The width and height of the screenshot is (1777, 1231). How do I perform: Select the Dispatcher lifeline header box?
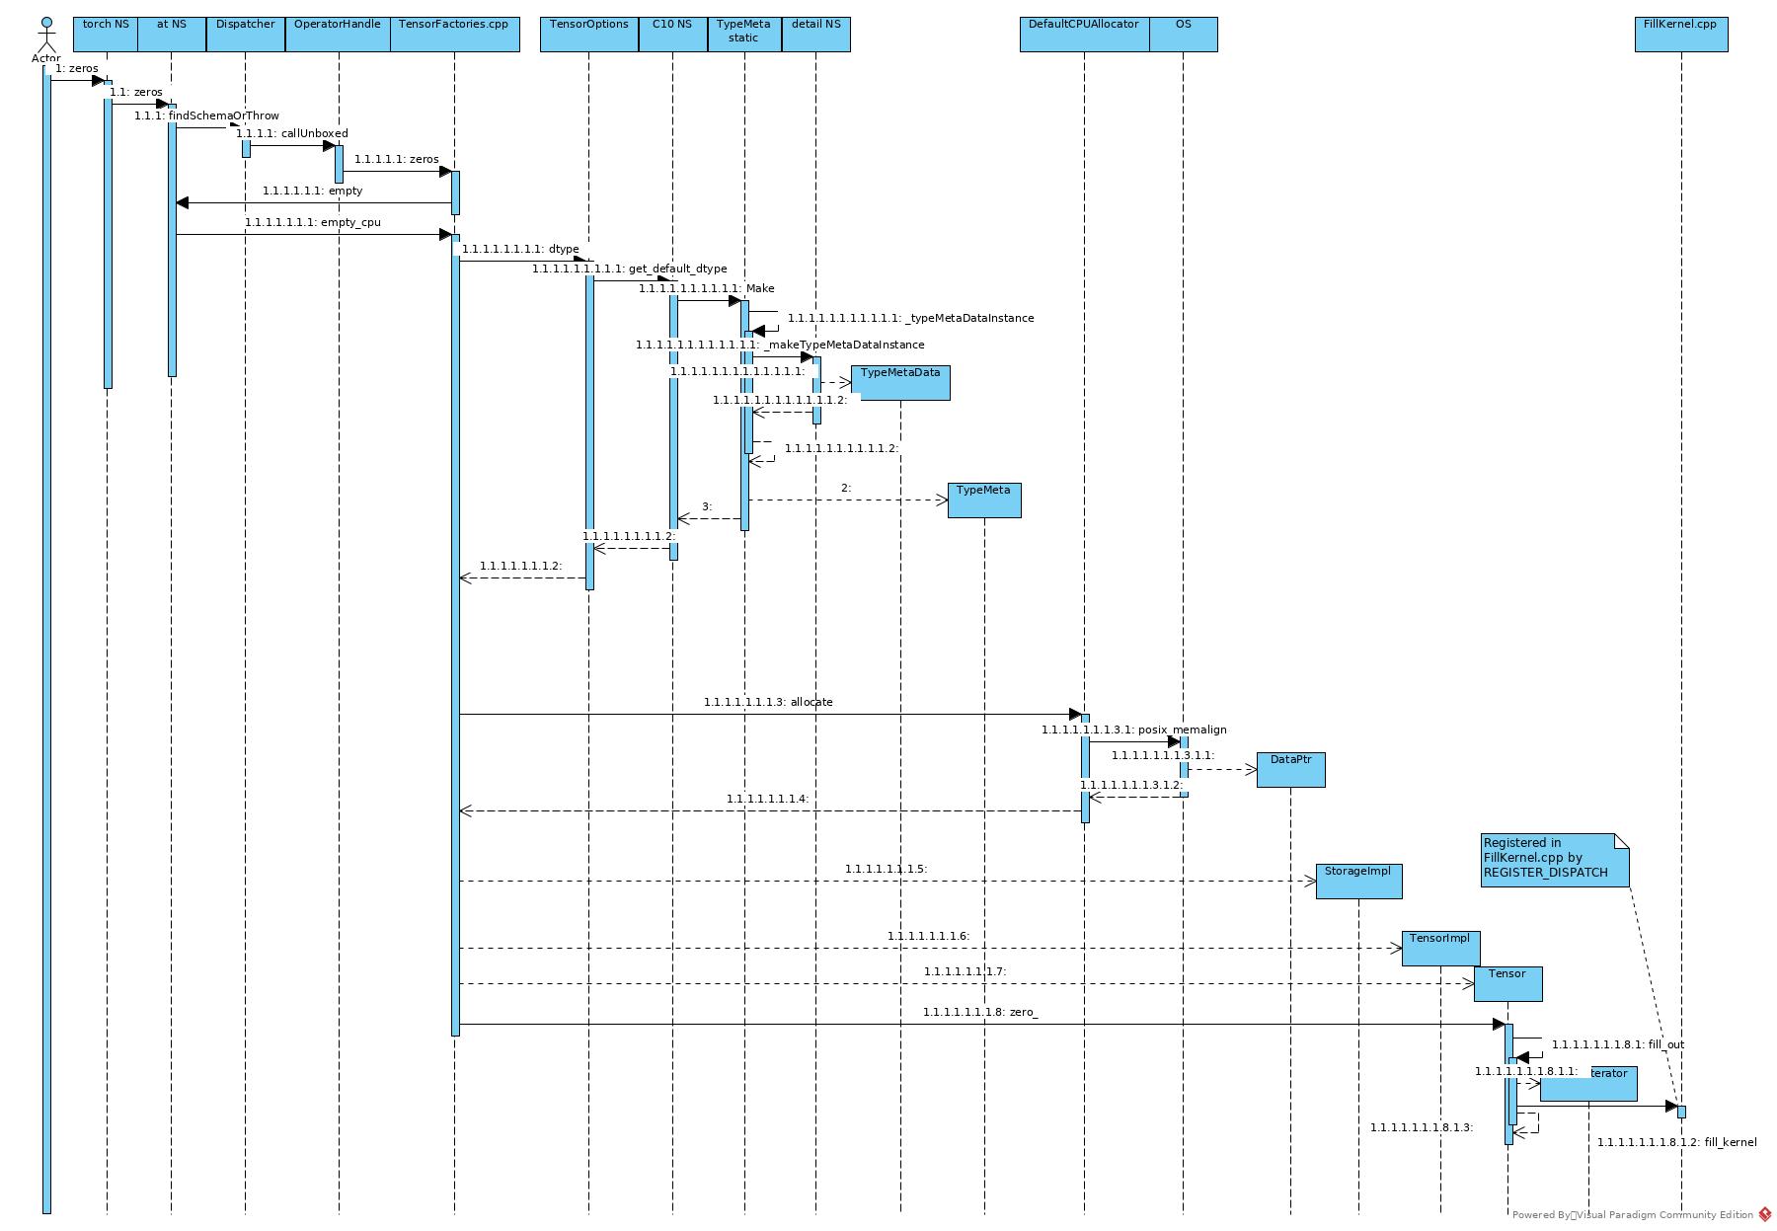coord(245,34)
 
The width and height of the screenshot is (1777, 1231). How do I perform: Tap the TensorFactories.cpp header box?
coord(454,34)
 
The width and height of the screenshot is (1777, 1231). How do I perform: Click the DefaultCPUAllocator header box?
coord(1084,34)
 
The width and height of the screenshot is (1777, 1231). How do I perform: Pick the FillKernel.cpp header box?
coord(1680,34)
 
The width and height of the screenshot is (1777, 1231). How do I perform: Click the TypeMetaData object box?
coord(900,382)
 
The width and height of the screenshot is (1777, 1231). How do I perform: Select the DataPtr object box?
coord(1290,769)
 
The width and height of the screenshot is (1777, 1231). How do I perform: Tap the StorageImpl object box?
coord(1358,881)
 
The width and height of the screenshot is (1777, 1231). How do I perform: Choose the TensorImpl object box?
coord(1439,948)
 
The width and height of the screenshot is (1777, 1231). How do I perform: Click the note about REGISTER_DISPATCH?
coord(1553,859)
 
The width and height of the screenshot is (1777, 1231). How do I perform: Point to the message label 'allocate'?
coord(768,702)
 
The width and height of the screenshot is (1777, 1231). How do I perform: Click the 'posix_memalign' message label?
coord(1133,730)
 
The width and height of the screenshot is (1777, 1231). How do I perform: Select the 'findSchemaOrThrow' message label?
coord(207,115)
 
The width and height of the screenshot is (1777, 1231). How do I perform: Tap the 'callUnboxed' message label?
coord(292,133)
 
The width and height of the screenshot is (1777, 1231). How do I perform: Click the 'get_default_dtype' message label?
coord(630,269)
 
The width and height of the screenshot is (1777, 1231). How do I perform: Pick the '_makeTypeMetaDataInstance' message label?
coord(780,345)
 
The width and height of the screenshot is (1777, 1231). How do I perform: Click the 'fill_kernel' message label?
coord(1676,1142)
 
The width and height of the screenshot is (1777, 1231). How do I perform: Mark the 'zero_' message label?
coord(980,1012)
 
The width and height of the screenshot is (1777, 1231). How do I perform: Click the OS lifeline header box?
coord(1183,34)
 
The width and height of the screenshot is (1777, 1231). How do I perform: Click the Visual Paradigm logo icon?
coord(1765,1215)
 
